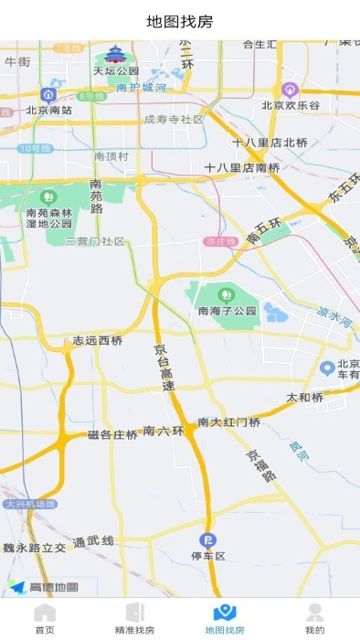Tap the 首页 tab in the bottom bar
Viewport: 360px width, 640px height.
(45, 618)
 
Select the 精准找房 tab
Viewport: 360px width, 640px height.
(134, 618)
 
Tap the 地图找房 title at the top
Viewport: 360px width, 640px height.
(180, 21)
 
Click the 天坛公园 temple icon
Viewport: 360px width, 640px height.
(115, 54)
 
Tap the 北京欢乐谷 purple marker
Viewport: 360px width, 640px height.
(291, 90)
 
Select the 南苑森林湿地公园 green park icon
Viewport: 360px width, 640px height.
(48, 196)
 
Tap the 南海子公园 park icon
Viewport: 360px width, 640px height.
(227, 294)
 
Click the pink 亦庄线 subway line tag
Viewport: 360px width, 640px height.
(220, 241)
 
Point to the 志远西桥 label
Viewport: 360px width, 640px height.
(98, 341)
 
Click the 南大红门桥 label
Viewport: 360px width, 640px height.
(229, 421)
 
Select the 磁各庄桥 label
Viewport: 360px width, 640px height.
(112, 434)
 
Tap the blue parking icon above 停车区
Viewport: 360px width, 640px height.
(207, 539)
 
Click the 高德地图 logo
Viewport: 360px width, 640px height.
(44, 587)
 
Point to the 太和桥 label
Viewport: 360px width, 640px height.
(305, 398)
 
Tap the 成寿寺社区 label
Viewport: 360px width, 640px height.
(174, 119)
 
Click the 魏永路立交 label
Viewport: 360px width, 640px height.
(35, 547)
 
